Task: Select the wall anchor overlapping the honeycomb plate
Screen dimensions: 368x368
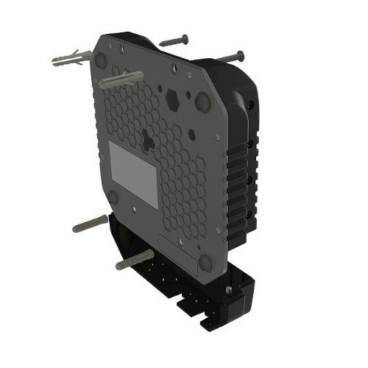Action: tap(122, 79)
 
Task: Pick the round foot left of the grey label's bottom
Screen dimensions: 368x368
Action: tap(113, 196)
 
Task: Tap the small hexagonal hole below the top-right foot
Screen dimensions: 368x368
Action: tap(192, 134)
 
